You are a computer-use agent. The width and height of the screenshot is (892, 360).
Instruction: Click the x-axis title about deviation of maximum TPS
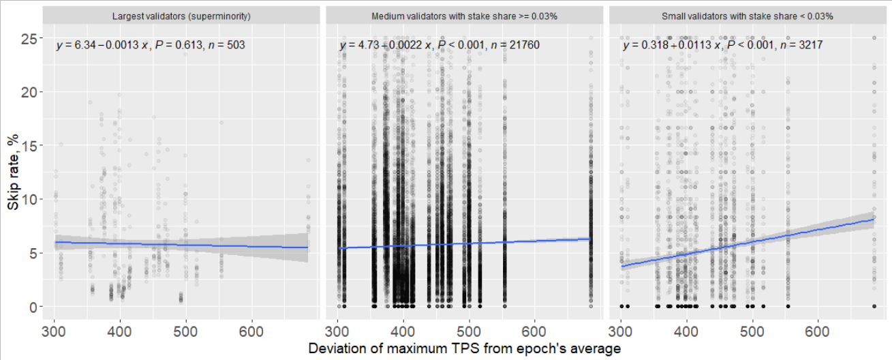[464, 348]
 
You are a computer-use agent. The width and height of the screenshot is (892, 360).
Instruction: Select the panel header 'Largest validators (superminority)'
[181, 16]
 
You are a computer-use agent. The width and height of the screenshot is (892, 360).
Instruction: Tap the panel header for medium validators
[465, 16]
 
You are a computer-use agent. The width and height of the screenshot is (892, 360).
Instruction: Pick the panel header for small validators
[748, 16]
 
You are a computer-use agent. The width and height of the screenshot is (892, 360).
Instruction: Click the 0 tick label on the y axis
[31, 307]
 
